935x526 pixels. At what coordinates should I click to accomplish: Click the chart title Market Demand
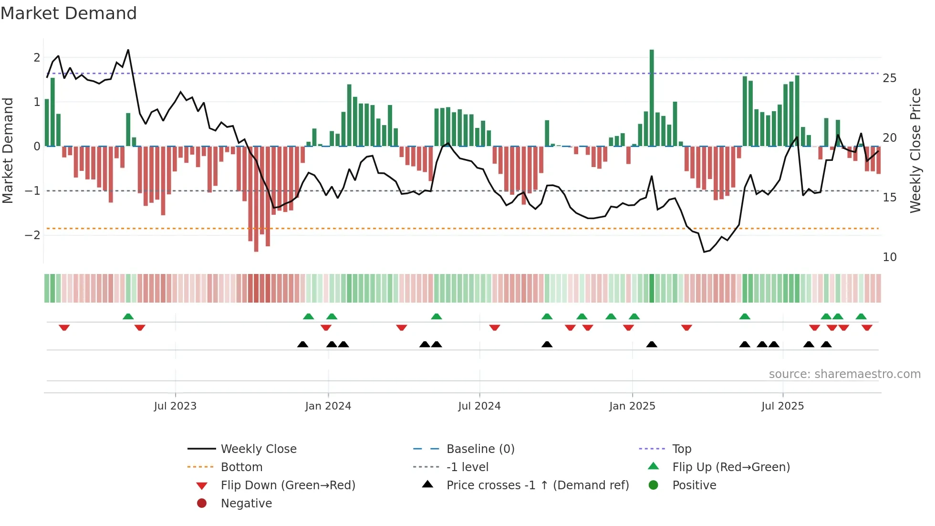click(x=69, y=13)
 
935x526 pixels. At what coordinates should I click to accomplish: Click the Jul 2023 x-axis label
click(x=175, y=406)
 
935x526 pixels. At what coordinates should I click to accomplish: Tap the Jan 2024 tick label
click(x=328, y=406)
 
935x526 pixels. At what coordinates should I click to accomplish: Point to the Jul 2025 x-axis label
click(x=782, y=406)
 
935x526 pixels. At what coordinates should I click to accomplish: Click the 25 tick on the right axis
click(x=889, y=78)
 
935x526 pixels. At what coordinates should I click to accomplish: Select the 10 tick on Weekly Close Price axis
click(x=889, y=257)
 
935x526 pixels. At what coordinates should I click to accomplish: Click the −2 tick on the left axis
click(x=33, y=235)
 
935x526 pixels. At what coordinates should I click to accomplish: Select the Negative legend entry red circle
click(x=202, y=504)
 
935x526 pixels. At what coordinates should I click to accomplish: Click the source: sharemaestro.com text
click(x=844, y=374)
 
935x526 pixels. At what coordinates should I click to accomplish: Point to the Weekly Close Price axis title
click(x=915, y=150)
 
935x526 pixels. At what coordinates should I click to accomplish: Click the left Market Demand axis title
click(x=8, y=150)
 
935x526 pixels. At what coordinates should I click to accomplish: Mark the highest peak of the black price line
click(x=128, y=50)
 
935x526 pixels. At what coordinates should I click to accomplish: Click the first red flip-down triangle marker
click(x=64, y=327)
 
